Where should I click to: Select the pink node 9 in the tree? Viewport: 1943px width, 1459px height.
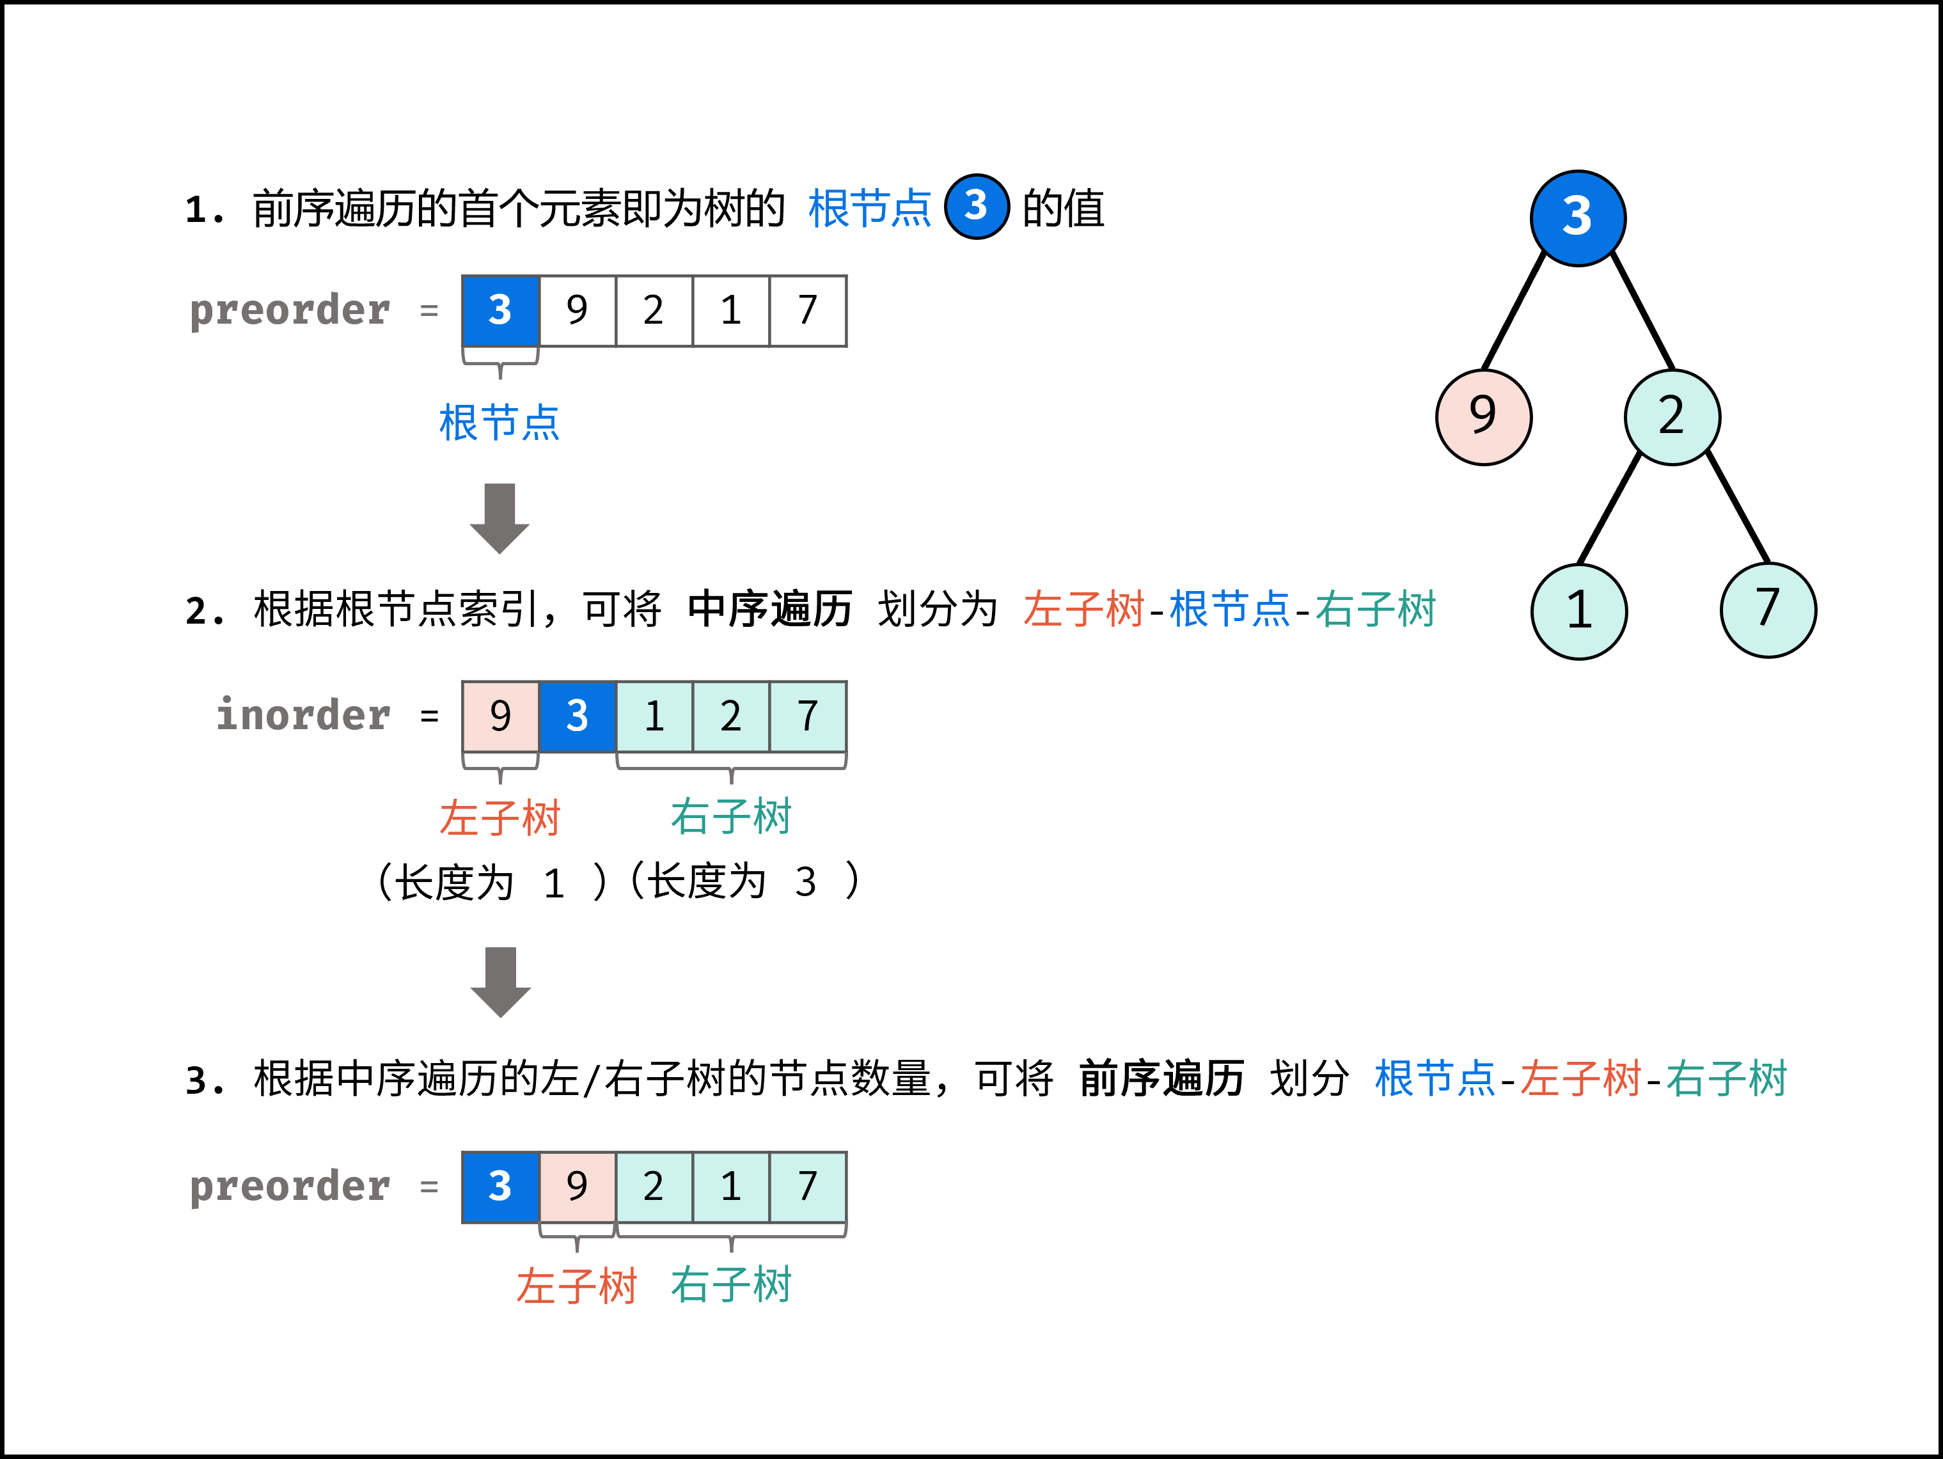click(x=1484, y=416)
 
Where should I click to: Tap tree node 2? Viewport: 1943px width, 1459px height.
click(x=1672, y=416)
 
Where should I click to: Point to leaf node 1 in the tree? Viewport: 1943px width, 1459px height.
click(x=1578, y=610)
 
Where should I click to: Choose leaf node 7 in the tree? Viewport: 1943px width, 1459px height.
click(x=1768, y=610)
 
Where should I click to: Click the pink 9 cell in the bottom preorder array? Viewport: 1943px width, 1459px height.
click(x=577, y=1187)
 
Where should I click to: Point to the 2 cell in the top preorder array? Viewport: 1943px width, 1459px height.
click(x=654, y=311)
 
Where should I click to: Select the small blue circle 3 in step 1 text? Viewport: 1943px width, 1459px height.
click(x=976, y=207)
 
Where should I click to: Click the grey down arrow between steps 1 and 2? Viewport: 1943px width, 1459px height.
click(x=500, y=517)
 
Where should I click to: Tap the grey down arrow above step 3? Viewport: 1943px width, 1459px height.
click(x=501, y=981)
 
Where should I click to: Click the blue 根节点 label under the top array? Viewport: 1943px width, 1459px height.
click(x=499, y=423)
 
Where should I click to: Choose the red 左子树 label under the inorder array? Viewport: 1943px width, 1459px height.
click(x=499, y=818)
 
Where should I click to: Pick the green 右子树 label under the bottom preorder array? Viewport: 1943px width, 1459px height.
click(x=731, y=1285)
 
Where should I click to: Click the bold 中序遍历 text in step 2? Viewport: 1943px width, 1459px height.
click(x=769, y=609)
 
